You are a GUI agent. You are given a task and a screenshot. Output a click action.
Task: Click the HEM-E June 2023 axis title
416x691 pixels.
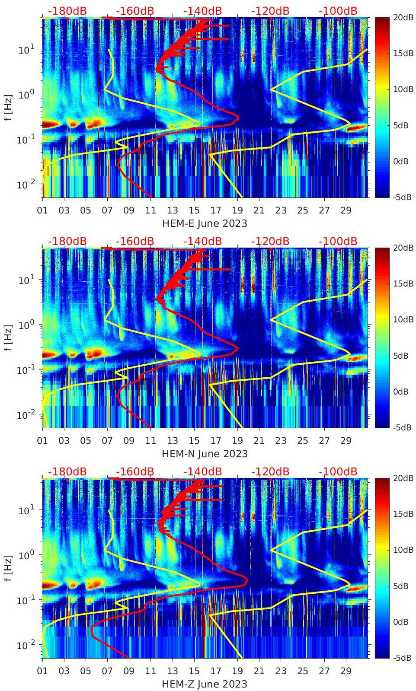(205, 223)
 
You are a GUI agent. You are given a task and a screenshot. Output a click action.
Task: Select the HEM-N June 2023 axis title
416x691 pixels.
(205, 454)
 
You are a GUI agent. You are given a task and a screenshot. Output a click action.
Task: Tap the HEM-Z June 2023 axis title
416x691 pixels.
(205, 684)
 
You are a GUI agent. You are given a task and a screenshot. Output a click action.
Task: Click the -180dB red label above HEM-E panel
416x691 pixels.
(67, 11)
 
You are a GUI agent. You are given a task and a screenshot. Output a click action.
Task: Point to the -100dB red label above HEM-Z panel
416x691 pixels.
(338, 471)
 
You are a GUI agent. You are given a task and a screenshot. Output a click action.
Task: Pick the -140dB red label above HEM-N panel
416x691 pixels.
(202, 241)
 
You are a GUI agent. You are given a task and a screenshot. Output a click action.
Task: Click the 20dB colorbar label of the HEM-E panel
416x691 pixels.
(403, 17)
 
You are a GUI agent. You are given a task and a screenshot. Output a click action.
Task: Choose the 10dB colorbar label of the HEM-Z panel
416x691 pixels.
(403, 550)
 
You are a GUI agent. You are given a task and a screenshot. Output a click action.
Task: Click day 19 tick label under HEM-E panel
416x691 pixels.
(237, 211)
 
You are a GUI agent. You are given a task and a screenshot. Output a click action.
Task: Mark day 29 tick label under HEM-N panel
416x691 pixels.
(346, 441)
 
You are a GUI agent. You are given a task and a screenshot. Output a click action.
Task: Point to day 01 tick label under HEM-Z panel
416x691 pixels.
(42, 672)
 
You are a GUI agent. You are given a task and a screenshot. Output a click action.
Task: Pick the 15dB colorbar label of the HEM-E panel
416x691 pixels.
(403, 53)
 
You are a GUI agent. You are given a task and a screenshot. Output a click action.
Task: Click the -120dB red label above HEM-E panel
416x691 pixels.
(270, 11)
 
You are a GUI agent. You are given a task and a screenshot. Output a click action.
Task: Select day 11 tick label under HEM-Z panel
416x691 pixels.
(150, 672)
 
